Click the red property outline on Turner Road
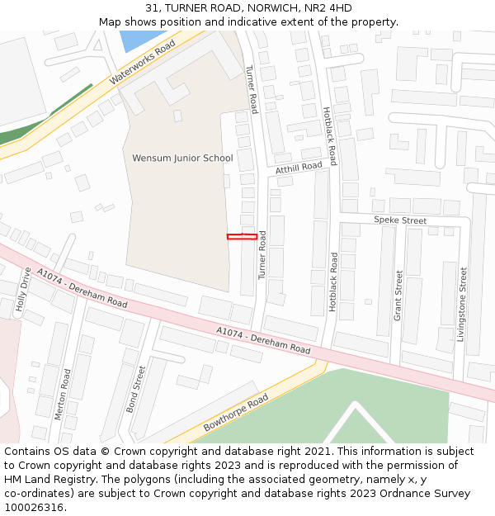tap(242, 237)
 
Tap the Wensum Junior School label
tap(182, 158)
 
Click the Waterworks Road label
tap(142, 62)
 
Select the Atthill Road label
tap(299, 168)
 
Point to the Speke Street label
tap(400, 220)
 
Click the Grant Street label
tap(398, 295)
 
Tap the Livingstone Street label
tap(462, 303)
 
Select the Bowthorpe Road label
tap(236, 412)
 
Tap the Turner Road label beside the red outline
tap(262, 254)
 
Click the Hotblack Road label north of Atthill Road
tap(330, 135)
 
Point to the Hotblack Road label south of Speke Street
tap(333, 282)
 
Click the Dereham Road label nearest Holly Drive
tap(82, 287)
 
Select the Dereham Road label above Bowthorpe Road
tap(263, 341)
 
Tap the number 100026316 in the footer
tap(34, 507)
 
